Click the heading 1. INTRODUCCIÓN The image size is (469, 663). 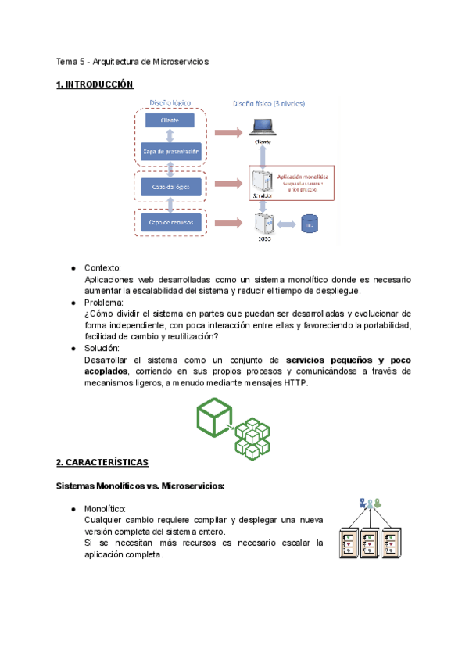point(95,84)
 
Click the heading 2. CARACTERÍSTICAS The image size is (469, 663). point(102,463)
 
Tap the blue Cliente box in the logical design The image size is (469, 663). point(170,120)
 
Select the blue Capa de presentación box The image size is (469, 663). point(170,151)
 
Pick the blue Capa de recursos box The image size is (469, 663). point(170,223)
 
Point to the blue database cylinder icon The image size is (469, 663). point(310,224)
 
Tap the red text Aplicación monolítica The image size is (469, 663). point(303,177)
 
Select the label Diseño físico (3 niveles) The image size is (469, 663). point(270,102)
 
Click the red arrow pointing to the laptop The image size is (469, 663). point(228,132)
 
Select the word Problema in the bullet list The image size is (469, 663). point(103,303)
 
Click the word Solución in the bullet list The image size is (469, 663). point(102,348)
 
